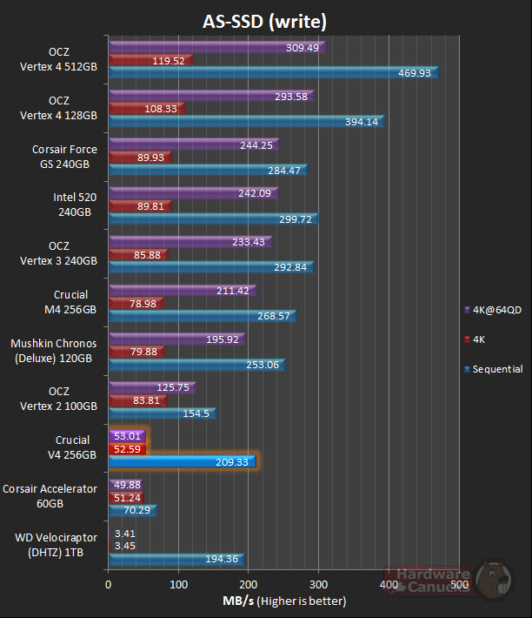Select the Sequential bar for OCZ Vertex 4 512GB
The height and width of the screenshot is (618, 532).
pyautogui.click(x=273, y=73)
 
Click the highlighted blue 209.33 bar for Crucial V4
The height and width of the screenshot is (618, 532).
pyautogui.click(x=183, y=461)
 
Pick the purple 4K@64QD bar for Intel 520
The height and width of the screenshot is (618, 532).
pyautogui.click(x=192, y=193)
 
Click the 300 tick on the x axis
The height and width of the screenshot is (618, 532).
pyautogui.click(x=320, y=586)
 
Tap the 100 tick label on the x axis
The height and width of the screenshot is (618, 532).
pyautogui.click(x=179, y=586)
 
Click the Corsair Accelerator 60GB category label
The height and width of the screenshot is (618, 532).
pyautogui.click(x=50, y=497)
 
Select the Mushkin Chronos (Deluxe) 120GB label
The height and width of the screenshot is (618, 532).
pyautogui.click(x=53, y=351)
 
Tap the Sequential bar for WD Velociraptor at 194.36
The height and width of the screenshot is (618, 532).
pyautogui.click(x=176, y=558)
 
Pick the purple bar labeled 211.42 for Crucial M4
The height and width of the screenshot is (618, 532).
pyautogui.click(x=182, y=290)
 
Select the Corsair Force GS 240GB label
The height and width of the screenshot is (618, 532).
pyautogui.click(x=64, y=156)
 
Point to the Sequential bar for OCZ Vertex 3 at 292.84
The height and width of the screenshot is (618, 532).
pyautogui.click(x=210, y=267)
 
